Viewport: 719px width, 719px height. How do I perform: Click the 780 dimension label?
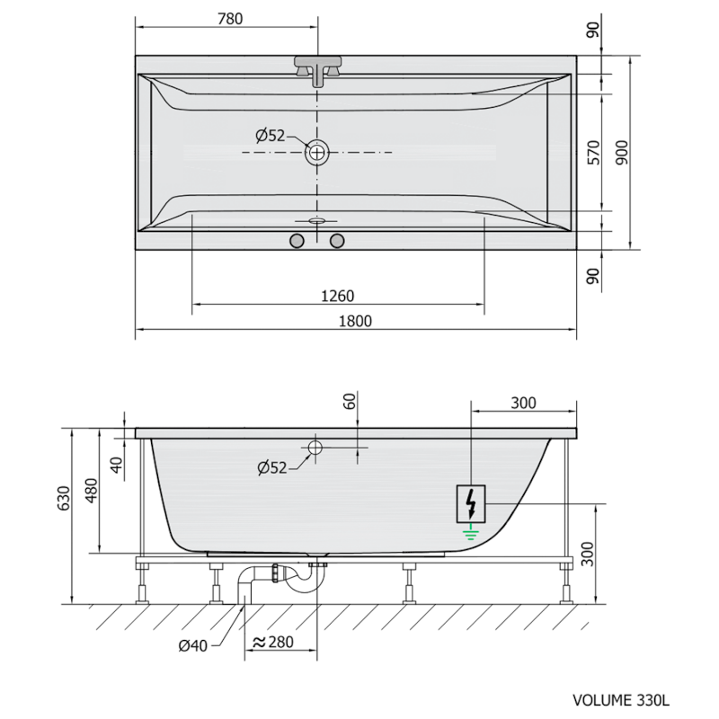pyautogui.click(x=230, y=19)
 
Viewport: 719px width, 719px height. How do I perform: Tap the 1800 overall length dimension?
pyautogui.click(x=355, y=321)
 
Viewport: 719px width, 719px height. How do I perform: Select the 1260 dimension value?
pyautogui.click(x=338, y=297)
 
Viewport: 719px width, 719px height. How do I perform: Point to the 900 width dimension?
pyautogui.click(x=622, y=153)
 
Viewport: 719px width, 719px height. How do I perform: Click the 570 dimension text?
pyautogui.click(x=593, y=153)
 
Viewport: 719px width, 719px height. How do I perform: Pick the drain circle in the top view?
pyautogui.click(x=317, y=152)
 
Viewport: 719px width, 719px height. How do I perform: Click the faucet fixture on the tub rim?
pyautogui.click(x=318, y=71)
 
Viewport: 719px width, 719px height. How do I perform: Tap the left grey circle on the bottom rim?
pyautogui.click(x=297, y=241)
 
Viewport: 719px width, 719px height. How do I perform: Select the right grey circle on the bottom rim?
pyautogui.click(x=338, y=241)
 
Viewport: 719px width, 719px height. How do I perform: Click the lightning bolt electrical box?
pyautogui.click(x=470, y=503)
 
